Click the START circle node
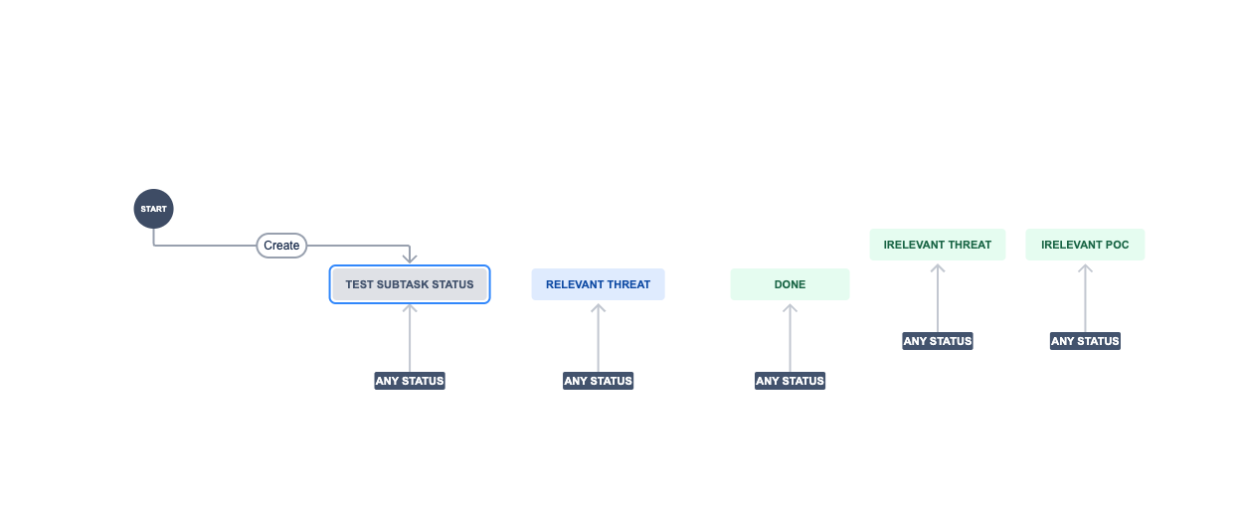pyautogui.click(x=153, y=209)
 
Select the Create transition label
pyautogui.click(x=281, y=246)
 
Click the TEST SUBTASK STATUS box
pyautogui.click(x=410, y=284)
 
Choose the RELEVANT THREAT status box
pyautogui.click(x=598, y=284)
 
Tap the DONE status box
pyautogui.click(x=790, y=284)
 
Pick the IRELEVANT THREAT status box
pyautogui.click(x=938, y=245)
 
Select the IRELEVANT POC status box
pyautogui.click(x=1085, y=245)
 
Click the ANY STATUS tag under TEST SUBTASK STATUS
pyautogui.click(x=410, y=381)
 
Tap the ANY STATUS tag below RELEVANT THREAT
pyautogui.click(x=598, y=381)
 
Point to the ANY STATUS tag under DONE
pyautogui.click(x=790, y=381)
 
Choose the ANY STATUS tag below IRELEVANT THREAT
pyautogui.click(x=938, y=341)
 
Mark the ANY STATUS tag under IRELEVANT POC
pyautogui.click(x=1085, y=341)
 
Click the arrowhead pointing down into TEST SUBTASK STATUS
pyautogui.click(x=410, y=259)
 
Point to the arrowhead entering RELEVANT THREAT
pyautogui.click(x=598, y=307)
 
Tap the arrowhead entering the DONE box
pyautogui.click(x=790, y=307)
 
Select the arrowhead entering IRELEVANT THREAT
pyautogui.click(x=938, y=267)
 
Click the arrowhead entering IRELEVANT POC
pyautogui.click(x=1085, y=267)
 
